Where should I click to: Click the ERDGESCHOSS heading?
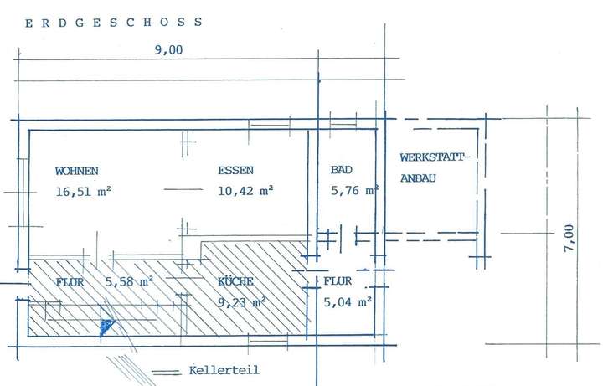(x=113, y=23)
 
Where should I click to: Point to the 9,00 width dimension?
(x=168, y=50)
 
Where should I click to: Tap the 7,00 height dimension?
(x=569, y=238)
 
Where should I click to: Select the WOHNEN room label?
(x=77, y=171)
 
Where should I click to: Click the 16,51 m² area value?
(x=84, y=192)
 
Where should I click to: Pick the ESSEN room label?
(x=235, y=170)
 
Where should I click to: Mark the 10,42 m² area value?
(x=245, y=191)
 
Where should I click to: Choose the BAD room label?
(x=342, y=169)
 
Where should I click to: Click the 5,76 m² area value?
(x=354, y=190)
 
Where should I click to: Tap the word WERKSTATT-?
(x=435, y=157)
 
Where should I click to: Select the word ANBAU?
(x=418, y=178)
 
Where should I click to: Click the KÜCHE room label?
(x=235, y=282)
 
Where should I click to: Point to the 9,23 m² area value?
(x=242, y=302)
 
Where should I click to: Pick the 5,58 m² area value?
(x=130, y=282)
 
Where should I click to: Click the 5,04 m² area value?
(x=348, y=302)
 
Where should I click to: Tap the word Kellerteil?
(x=224, y=370)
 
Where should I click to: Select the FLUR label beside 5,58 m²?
(x=70, y=282)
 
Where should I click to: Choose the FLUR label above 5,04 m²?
(x=338, y=281)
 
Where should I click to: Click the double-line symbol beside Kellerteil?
(x=166, y=373)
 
